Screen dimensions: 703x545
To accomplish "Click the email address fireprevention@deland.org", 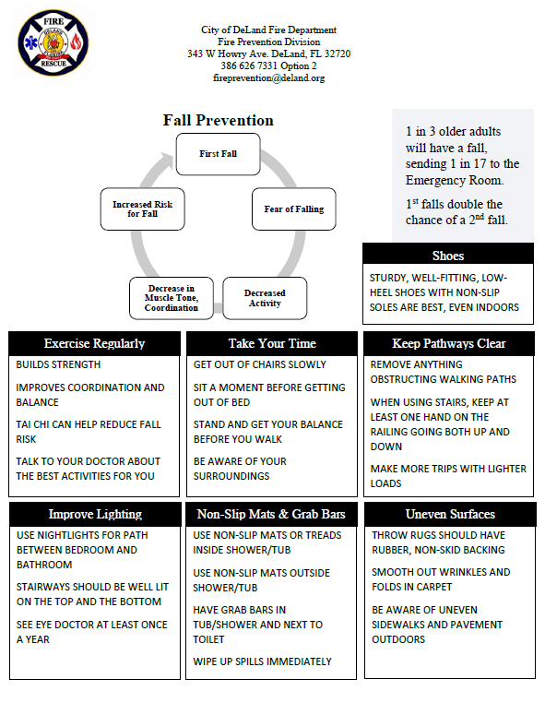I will [268, 78].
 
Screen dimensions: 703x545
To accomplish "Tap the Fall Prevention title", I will [219, 121].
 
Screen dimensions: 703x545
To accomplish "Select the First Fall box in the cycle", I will [218, 153].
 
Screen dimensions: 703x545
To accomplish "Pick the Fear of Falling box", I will [293, 209].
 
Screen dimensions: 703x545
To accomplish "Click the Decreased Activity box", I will [265, 298].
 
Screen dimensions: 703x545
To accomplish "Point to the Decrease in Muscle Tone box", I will [171, 298].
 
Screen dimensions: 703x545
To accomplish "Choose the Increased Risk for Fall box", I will [142, 209].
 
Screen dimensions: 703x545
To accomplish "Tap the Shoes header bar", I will [447, 256].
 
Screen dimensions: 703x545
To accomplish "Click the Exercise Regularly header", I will [94, 343].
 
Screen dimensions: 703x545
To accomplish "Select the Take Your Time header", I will [271, 343].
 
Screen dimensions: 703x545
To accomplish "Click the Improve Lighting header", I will [94, 514].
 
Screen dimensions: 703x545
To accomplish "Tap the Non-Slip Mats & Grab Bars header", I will [271, 514].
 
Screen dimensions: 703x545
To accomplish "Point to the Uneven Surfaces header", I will [449, 514].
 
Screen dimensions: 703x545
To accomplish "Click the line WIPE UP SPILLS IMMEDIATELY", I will [262, 661].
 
